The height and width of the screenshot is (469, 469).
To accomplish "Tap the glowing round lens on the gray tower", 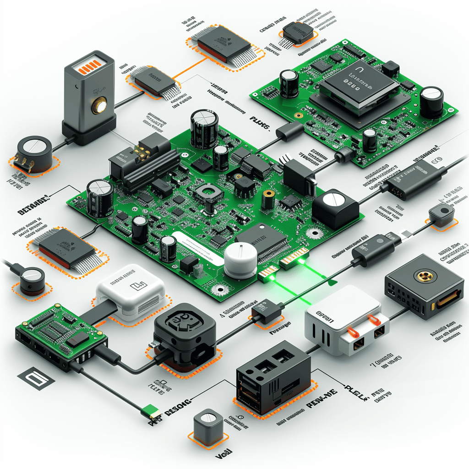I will click(x=98, y=106).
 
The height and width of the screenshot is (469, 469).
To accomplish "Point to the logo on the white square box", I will click(x=135, y=287).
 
